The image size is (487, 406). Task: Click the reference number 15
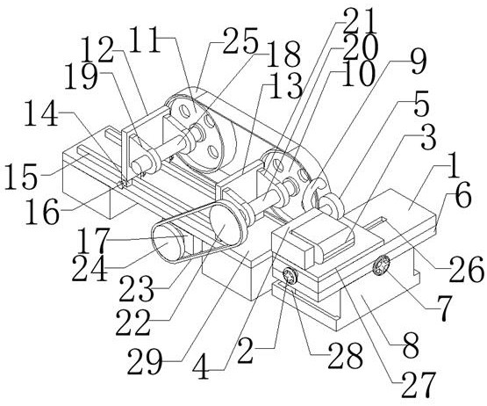coord(21,177)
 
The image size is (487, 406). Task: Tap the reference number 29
coord(145,361)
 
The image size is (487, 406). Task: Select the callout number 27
coord(418,385)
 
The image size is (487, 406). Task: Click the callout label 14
coord(41,114)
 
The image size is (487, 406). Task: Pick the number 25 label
coord(240,40)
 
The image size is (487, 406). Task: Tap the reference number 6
coord(463,197)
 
